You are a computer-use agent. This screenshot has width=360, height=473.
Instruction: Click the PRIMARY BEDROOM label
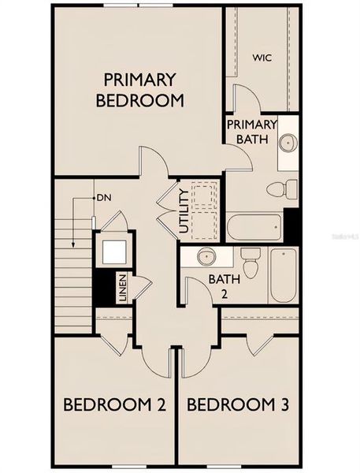tap(139, 90)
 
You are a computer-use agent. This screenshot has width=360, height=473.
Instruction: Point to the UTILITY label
tap(184, 210)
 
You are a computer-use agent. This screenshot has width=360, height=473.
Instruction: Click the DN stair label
tap(103, 197)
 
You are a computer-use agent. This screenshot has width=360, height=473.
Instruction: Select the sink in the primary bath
tap(288, 143)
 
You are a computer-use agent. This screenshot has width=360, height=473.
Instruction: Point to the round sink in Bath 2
tap(207, 257)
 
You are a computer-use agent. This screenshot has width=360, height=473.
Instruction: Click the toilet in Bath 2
tap(251, 263)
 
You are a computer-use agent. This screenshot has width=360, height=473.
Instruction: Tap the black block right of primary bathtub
tap(291, 226)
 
